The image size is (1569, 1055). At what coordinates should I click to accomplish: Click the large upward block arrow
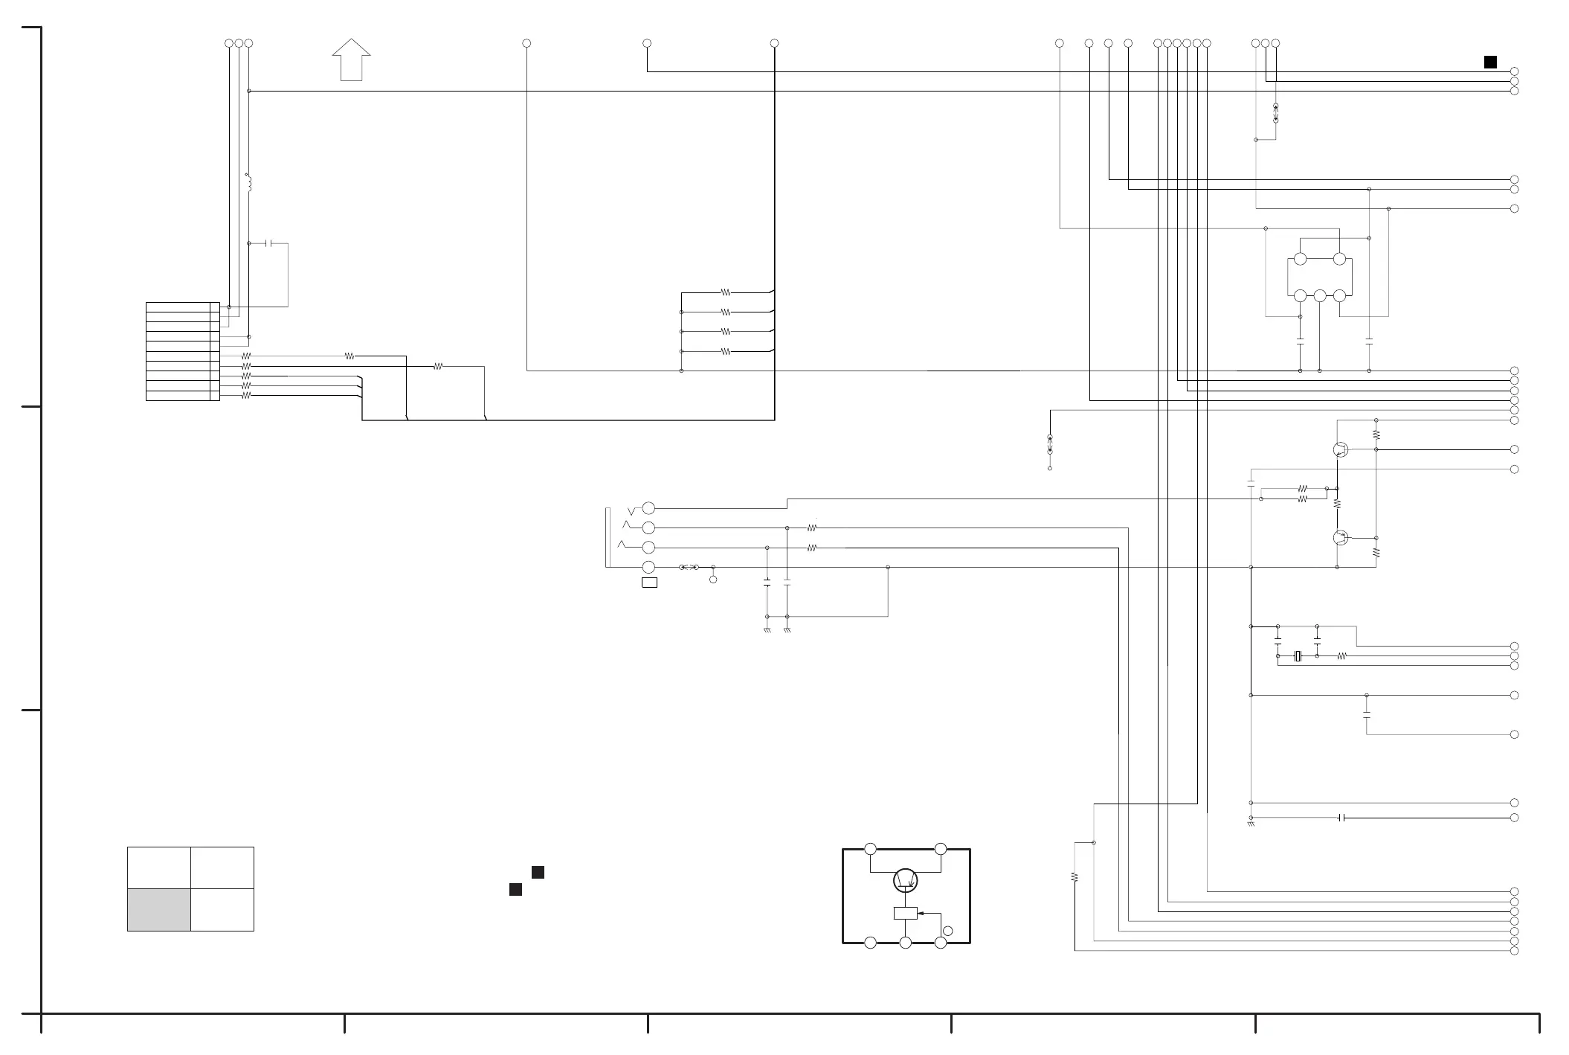[351, 60]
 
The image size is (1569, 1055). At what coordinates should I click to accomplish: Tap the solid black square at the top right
[1490, 62]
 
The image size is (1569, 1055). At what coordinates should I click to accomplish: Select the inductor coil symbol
[249, 183]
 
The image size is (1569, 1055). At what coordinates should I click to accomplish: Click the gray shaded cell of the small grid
[159, 909]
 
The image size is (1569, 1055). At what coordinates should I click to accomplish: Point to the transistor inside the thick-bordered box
[905, 881]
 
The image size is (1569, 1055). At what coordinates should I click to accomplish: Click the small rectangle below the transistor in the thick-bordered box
[905, 914]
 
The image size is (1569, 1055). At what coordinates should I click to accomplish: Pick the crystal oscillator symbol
[1298, 656]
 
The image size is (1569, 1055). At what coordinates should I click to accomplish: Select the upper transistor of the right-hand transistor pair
[1341, 449]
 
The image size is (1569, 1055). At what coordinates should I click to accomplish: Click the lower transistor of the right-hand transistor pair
[1341, 538]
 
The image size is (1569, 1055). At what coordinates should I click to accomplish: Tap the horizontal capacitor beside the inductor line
[269, 243]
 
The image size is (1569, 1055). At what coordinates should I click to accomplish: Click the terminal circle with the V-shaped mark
[648, 508]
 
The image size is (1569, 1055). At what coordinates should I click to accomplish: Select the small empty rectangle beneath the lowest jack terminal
[649, 583]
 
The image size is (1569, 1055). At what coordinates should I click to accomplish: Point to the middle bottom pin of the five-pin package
[1320, 296]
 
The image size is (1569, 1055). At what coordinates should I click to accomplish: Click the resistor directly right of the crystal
[1341, 656]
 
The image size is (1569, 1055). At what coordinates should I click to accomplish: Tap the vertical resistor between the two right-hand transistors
[1337, 504]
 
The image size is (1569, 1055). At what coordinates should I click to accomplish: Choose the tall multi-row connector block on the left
[182, 351]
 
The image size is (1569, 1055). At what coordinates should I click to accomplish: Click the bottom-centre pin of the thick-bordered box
[905, 943]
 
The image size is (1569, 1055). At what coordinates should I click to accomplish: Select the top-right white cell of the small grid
[222, 868]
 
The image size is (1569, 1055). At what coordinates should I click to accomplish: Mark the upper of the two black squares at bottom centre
[538, 873]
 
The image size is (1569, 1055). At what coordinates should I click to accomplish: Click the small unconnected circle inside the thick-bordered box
[947, 931]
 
